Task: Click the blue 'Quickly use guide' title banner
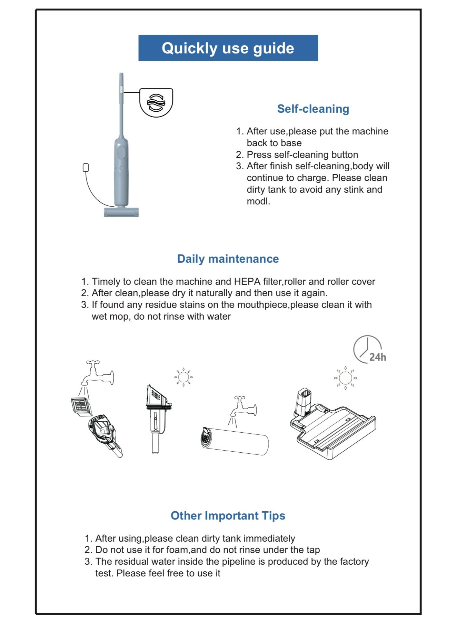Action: click(x=228, y=48)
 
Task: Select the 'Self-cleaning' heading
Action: click(x=313, y=109)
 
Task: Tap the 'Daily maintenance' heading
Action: click(x=228, y=259)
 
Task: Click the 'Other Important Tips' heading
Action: click(x=228, y=515)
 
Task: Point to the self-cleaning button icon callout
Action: click(x=156, y=102)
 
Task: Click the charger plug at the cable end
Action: click(x=86, y=168)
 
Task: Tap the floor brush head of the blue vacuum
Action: click(x=121, y=212)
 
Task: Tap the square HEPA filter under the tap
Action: click(x=81, y=407)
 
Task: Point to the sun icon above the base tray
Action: click(x=345, y=378)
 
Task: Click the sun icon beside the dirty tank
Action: click(x=183, y=377)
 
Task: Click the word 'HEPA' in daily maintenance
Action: click(x=247, y=281)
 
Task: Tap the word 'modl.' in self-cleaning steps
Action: click(x=258, y=201)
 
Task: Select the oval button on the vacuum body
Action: click(x=121, y=152)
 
